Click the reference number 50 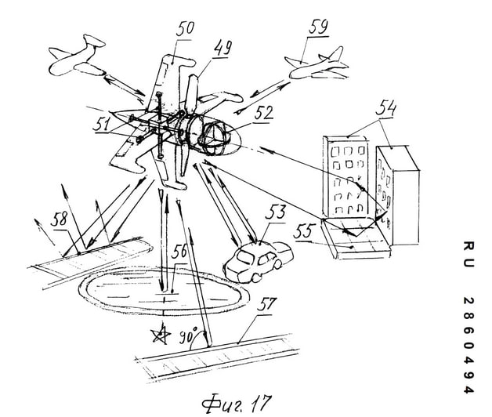(186, 29)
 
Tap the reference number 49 (223, 49)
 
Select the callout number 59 (319, 27)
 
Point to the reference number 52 (263, 113)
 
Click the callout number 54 (385, 108)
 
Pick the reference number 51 (101, 123)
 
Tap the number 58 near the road (59, 219)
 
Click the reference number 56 (179, 252)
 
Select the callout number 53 (275, 212)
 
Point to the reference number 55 (302, 232)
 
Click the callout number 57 (266, 304)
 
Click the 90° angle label (188, 336)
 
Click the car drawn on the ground (258, 261)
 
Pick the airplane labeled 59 (317, 64)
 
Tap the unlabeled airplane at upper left (78, 56)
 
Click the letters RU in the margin (468, 254)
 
